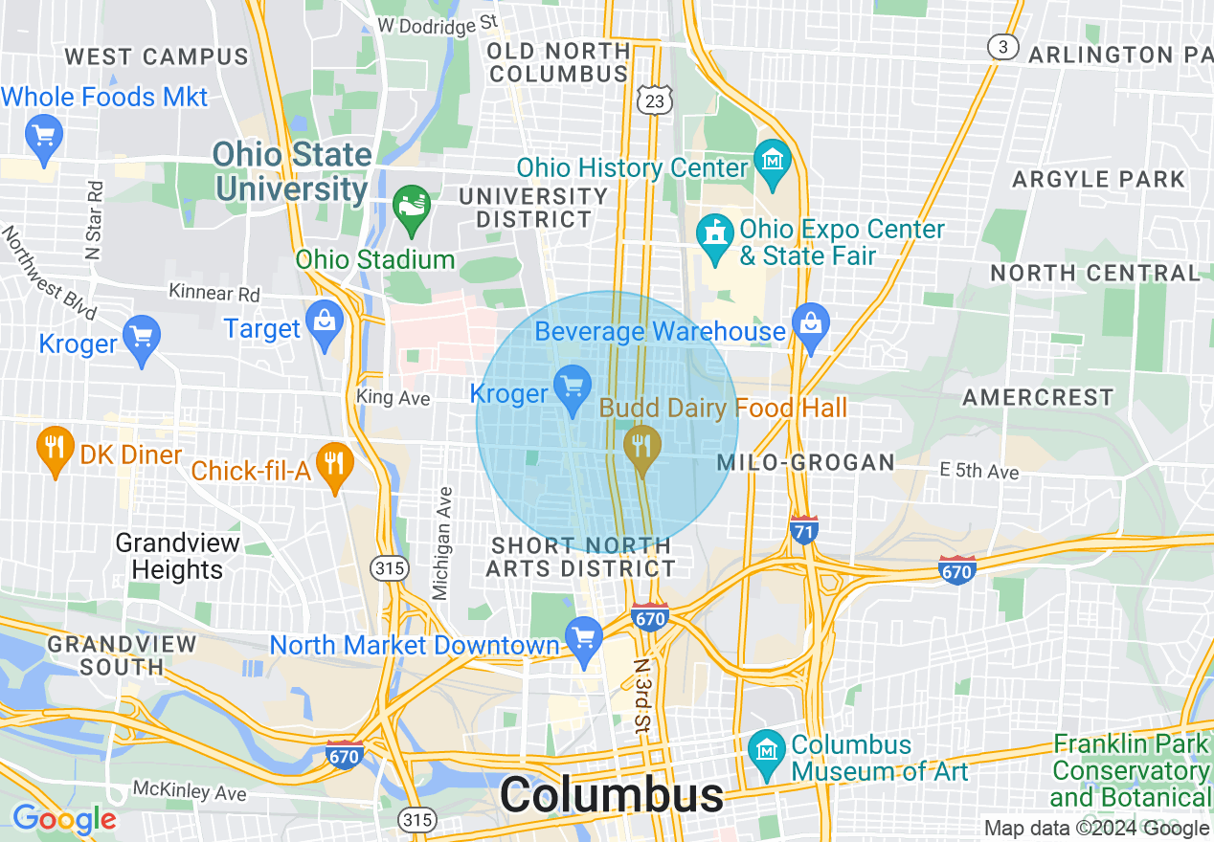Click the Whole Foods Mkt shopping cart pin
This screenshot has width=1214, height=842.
coord(43,133)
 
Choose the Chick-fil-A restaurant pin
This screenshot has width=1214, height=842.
coord(334,464)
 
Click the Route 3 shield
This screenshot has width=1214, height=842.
coord(1002,48)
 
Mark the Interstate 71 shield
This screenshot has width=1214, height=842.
coord(804,529)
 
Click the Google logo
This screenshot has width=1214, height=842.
coord(63,819)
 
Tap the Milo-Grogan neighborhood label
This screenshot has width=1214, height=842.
coord(806,463)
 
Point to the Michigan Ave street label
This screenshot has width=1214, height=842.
coord(442,543)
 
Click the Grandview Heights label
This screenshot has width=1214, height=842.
coord(177,557)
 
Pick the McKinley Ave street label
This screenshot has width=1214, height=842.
coord(190,792)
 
